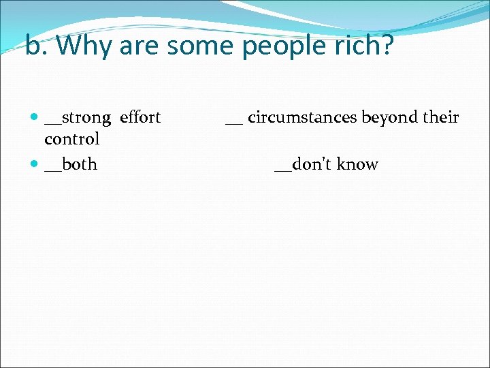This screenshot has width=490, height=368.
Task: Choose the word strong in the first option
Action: tap(86, 118)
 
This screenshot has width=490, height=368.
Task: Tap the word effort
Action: tap(140, 117)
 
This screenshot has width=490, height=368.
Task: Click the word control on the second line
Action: tap(71, 139)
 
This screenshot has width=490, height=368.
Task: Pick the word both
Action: tap(80, 164)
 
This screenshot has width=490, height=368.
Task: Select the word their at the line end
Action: tap(441, 117)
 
